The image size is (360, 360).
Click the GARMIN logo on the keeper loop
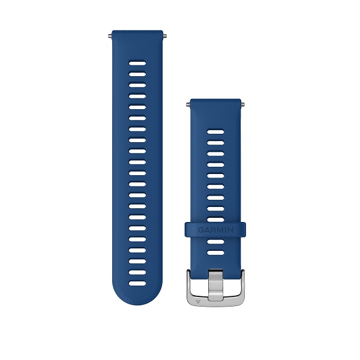click(x=215, y=230)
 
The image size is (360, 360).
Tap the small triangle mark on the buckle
click(x=198, y=301)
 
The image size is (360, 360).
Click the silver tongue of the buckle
click(x=215, y=284)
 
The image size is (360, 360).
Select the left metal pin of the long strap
click(x=110, y=35)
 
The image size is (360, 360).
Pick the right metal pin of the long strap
click(x=164, y=35)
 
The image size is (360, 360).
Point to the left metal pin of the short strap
click(x=188, y=104)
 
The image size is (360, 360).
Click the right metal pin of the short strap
click(x=242, y=104)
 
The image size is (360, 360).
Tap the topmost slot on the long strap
click(x=137, y=63)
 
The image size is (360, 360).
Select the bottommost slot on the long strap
click(x=137, y=283)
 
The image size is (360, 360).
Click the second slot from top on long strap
click(x=137, y=74)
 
